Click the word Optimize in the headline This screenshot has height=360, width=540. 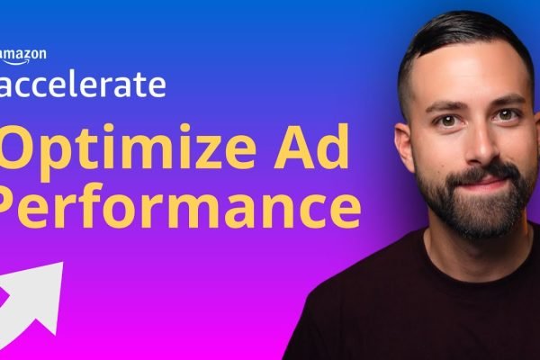coord(128,151)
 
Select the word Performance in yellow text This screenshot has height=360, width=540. coord(179,207)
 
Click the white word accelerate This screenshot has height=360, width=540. coord(83,84)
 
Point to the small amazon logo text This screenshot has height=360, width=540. coord(22,54)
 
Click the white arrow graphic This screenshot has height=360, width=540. coord(31,303)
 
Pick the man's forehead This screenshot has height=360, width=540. coord(472,76)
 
